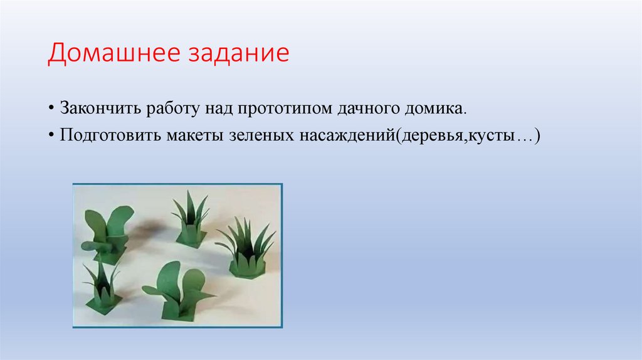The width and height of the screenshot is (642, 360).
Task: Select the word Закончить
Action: [100, 109]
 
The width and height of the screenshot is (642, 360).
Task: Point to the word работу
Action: [173, 109]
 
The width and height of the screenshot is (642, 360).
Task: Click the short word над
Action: [219, 109]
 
